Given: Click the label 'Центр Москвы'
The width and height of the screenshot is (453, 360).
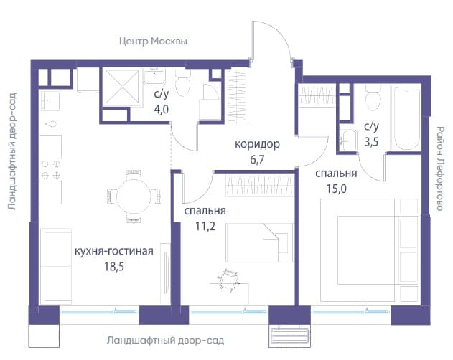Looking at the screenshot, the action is coord(153,42).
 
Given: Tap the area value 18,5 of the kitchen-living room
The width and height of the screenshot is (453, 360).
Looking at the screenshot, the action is coord(114,266).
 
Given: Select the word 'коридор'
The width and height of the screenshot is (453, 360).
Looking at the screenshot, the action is coord(257,144).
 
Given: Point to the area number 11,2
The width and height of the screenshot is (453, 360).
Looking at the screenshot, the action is coord(205,227).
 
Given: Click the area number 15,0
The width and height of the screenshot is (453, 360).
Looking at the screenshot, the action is coord(337,189).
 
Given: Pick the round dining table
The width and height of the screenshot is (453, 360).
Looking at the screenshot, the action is coord(134,196).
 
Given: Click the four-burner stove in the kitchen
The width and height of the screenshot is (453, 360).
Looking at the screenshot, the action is coord(50,169).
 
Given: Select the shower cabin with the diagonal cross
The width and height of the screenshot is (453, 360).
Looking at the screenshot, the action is coord(121,86).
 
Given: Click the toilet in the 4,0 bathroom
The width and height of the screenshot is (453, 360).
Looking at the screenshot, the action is coord(182,82).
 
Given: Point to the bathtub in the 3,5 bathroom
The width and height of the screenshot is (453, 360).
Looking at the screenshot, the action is coord(406,118).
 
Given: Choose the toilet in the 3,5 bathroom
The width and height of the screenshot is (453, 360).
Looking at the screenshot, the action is coord(373,98).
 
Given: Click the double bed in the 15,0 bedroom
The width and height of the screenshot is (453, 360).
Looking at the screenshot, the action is coord(369,250).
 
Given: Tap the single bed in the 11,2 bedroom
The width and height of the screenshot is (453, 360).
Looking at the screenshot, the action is coord(259,242).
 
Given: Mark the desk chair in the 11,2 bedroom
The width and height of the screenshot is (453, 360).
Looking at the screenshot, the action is coord(228,280).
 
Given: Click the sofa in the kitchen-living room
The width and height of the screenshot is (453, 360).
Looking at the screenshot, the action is coord(56,266).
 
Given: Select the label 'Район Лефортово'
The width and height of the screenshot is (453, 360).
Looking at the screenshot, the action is coord(439,169).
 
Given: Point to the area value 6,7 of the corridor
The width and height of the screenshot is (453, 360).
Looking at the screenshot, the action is coord(257,159).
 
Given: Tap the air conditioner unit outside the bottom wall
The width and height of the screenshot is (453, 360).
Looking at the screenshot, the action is coord(289,336).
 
